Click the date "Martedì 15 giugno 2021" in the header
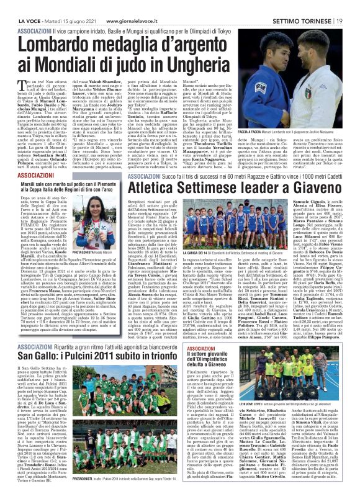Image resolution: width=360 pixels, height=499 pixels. coord(60,6)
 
